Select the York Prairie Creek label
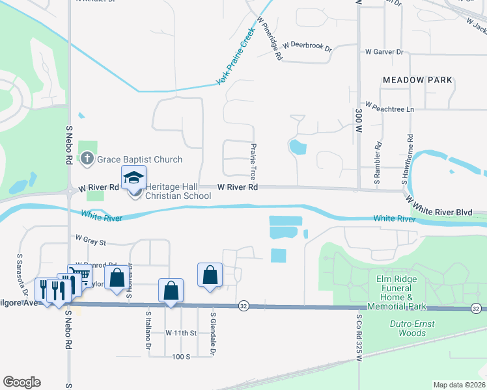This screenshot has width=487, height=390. point(234,63)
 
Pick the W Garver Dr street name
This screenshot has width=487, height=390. point(384,51)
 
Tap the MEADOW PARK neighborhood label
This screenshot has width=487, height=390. point(417,80)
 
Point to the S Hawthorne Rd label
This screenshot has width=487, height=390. point(410,157)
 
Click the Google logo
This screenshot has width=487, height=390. point(21,382)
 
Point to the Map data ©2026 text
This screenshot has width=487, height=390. point(458,385)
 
